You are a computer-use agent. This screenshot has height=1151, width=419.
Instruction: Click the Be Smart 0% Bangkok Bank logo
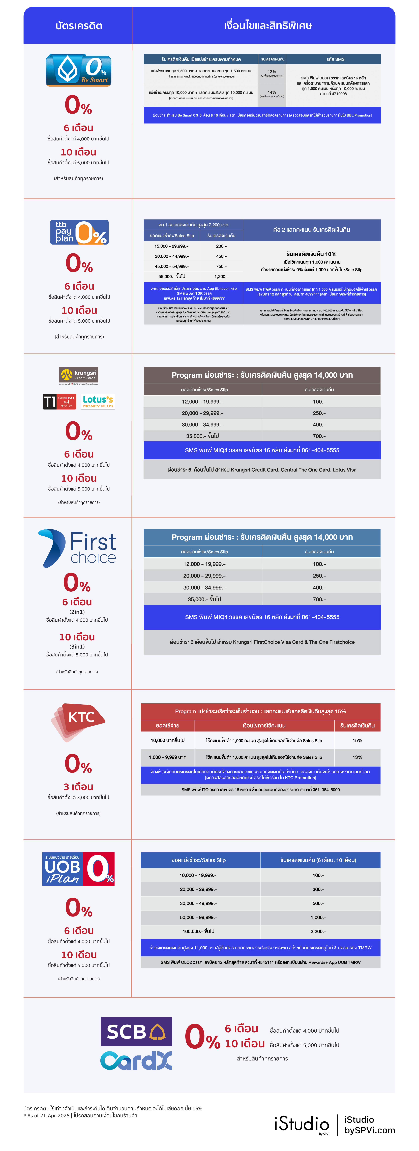coord(79,70)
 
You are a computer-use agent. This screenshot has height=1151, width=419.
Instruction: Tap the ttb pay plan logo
coord(79,232)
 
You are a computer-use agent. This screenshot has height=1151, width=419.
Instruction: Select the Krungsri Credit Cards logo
coord(79,375)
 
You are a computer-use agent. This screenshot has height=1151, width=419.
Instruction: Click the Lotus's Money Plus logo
coord(98,402)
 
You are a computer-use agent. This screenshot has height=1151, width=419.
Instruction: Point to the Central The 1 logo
coord(59,402)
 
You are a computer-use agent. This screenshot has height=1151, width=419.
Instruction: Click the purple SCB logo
coord(136,1031)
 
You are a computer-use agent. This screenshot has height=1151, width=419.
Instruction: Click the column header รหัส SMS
coord(335,59)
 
